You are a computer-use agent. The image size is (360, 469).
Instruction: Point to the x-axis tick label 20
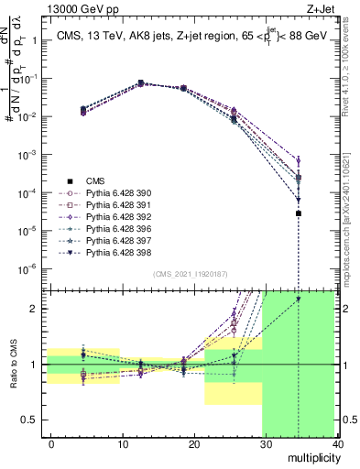pos(194,443)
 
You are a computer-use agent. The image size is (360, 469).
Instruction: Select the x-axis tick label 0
pos(51,443)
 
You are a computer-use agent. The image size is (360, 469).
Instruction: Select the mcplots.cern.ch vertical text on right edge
pos(348,211)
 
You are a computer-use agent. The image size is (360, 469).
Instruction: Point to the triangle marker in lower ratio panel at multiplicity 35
pos(299,299)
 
